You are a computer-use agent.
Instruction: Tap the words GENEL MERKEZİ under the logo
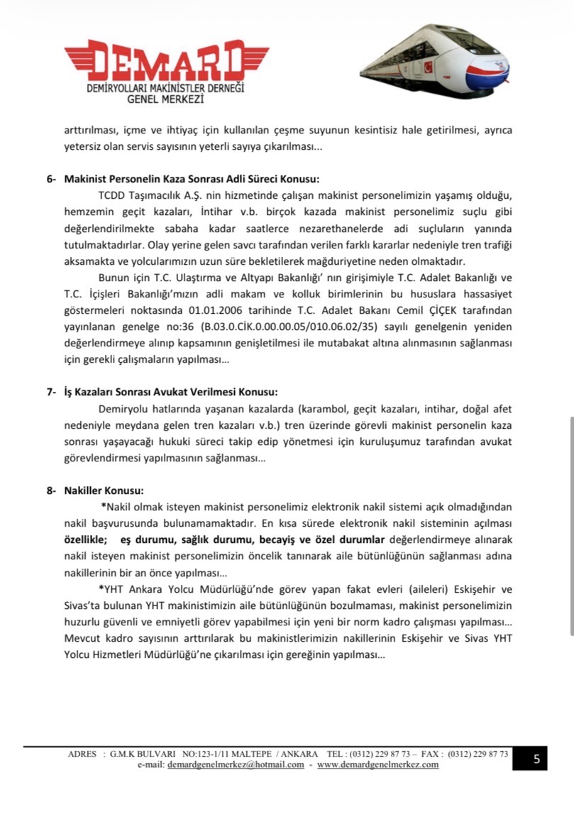pos(165,101)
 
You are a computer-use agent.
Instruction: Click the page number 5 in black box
pos(536,759)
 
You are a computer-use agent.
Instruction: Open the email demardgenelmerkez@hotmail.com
pos(236,764)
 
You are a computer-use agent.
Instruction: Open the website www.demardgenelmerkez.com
pos(377,764)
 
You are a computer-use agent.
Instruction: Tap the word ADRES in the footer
pos(82,754)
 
